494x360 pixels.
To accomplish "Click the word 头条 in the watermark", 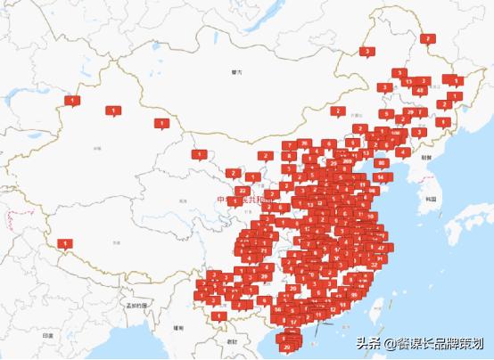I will coord(368,344).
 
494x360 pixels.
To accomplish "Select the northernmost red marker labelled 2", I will coord(428,38).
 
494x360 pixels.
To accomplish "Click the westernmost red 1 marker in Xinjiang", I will coord(71,101).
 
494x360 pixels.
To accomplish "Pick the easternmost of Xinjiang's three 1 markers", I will coord(161,123).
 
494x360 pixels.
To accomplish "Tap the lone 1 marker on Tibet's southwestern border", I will coord(65,242).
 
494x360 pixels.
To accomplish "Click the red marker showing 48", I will coord(419,89).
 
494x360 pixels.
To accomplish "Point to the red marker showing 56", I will coord(279,309).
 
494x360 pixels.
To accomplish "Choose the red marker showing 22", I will coord(243,190).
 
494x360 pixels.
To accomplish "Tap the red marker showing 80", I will coord(382,162).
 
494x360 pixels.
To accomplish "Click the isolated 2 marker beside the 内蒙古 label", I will coord(339,111).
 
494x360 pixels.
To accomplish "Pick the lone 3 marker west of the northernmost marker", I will coord(366,52).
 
